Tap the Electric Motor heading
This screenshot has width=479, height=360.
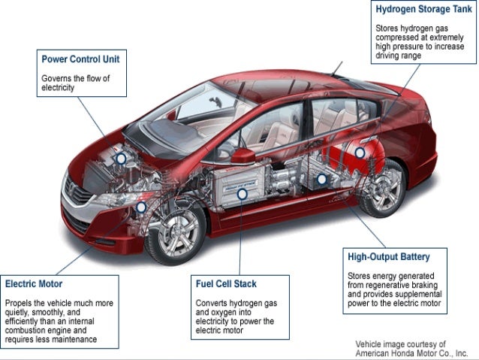click(33, 285)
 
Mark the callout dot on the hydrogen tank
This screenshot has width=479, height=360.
click(360, 153)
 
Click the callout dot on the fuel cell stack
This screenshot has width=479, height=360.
click(242, 193)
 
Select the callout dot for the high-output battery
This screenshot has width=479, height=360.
click(321, 180)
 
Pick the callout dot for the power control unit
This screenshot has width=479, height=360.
click(120, 159)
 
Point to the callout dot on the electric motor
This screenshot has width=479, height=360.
click(140, 207)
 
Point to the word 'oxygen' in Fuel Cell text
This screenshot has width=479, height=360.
click(223, 311)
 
